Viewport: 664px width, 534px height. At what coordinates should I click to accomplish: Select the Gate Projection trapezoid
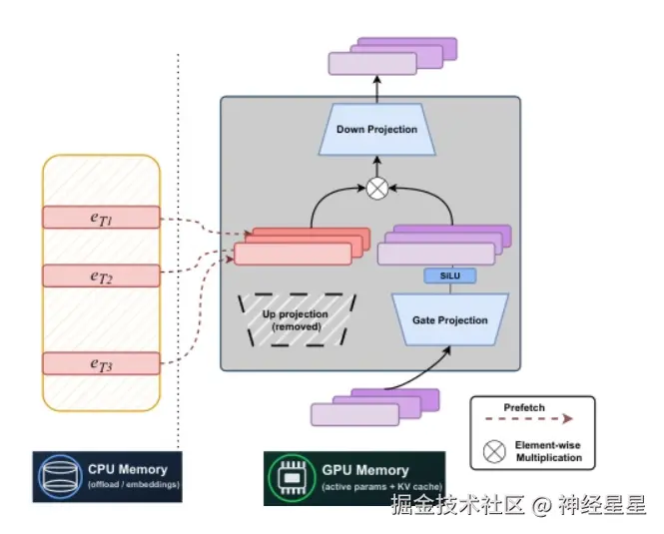pyautogui.click(x=449, y=319)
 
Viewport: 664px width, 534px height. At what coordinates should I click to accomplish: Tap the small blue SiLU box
pyautogui.click(x=449, y=275)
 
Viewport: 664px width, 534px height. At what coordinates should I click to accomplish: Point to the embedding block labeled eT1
pyautogui.click(x=100, y=217)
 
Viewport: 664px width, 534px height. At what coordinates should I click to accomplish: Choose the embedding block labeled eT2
pyautogui.click(x=100, y=275)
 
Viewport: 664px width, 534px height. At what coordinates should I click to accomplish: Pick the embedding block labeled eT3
pyautogui.click(x=100, y=364)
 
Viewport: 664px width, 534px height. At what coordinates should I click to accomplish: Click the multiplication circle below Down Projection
pyautogui.click(x=376, y=189)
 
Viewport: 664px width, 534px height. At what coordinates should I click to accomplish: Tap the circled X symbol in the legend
pyautogui.click(x=493, y=451)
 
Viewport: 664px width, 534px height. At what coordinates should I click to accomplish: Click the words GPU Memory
pyautogui.click(x=366, y=470)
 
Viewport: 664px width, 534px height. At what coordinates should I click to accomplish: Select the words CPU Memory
pyautogui.click(x=128, y=468)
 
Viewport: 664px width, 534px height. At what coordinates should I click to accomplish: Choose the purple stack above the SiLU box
pyautogui.click(x=444, y=246)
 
